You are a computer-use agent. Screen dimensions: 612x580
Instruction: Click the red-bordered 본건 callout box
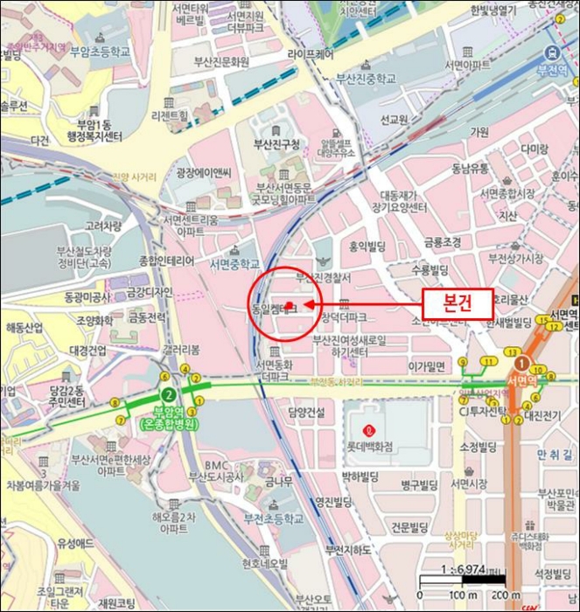pyautogui.click(x=458, y=303)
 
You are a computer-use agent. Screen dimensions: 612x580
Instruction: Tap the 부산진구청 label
pyautogui.click(x=276, y=143)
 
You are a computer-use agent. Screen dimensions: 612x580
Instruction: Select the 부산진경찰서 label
pyautogui.click(x=323, y=277)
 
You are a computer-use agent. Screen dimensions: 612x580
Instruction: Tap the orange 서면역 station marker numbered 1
pyautogui.click(x=521, y=361)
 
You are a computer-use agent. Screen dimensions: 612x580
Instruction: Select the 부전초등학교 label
pyautogui.click(x=274, y=519)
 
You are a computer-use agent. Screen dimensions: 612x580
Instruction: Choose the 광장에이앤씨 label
pyautogui.click(x=203, y=172)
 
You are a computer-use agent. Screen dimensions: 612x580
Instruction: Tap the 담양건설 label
pyautogui.click(x=305, y=412)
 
